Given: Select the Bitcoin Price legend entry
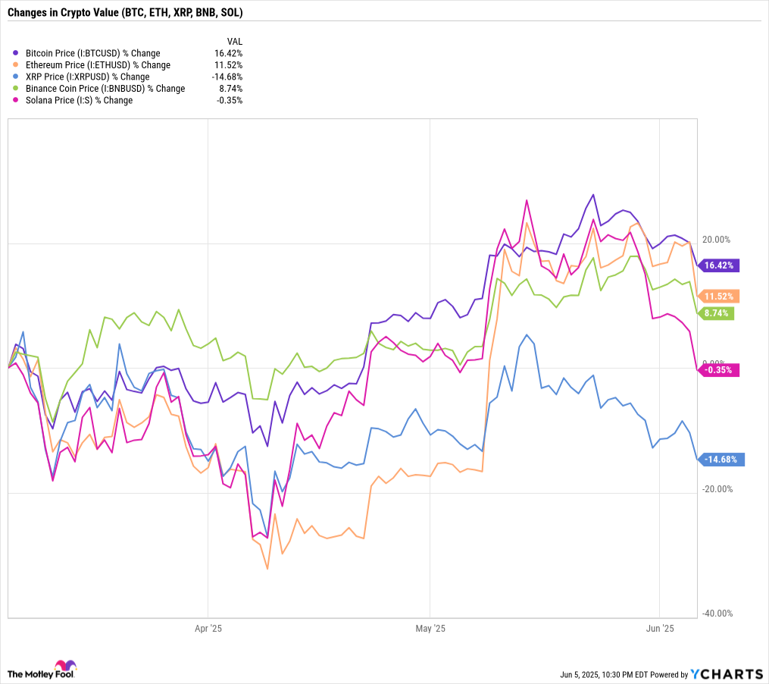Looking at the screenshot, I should point(92,53).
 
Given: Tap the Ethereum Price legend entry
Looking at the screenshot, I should point(98,65).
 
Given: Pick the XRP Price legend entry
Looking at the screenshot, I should point(87,77).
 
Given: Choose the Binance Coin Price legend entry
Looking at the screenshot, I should point(105,89).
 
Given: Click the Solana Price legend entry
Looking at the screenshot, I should point(79,100).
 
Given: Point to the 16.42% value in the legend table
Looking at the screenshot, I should point(229,53).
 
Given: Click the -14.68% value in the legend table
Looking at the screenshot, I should point(227,77).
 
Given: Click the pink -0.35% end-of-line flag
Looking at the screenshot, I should point(720,370).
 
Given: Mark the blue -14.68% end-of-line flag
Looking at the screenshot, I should point(721,459).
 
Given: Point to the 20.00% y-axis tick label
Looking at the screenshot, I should point(716,240).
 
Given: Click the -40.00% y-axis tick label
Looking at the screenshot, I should point(716,613).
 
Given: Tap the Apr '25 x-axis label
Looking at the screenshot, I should point(208,629).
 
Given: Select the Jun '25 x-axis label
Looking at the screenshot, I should point(660,629).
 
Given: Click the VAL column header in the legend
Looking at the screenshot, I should point(234,41).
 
